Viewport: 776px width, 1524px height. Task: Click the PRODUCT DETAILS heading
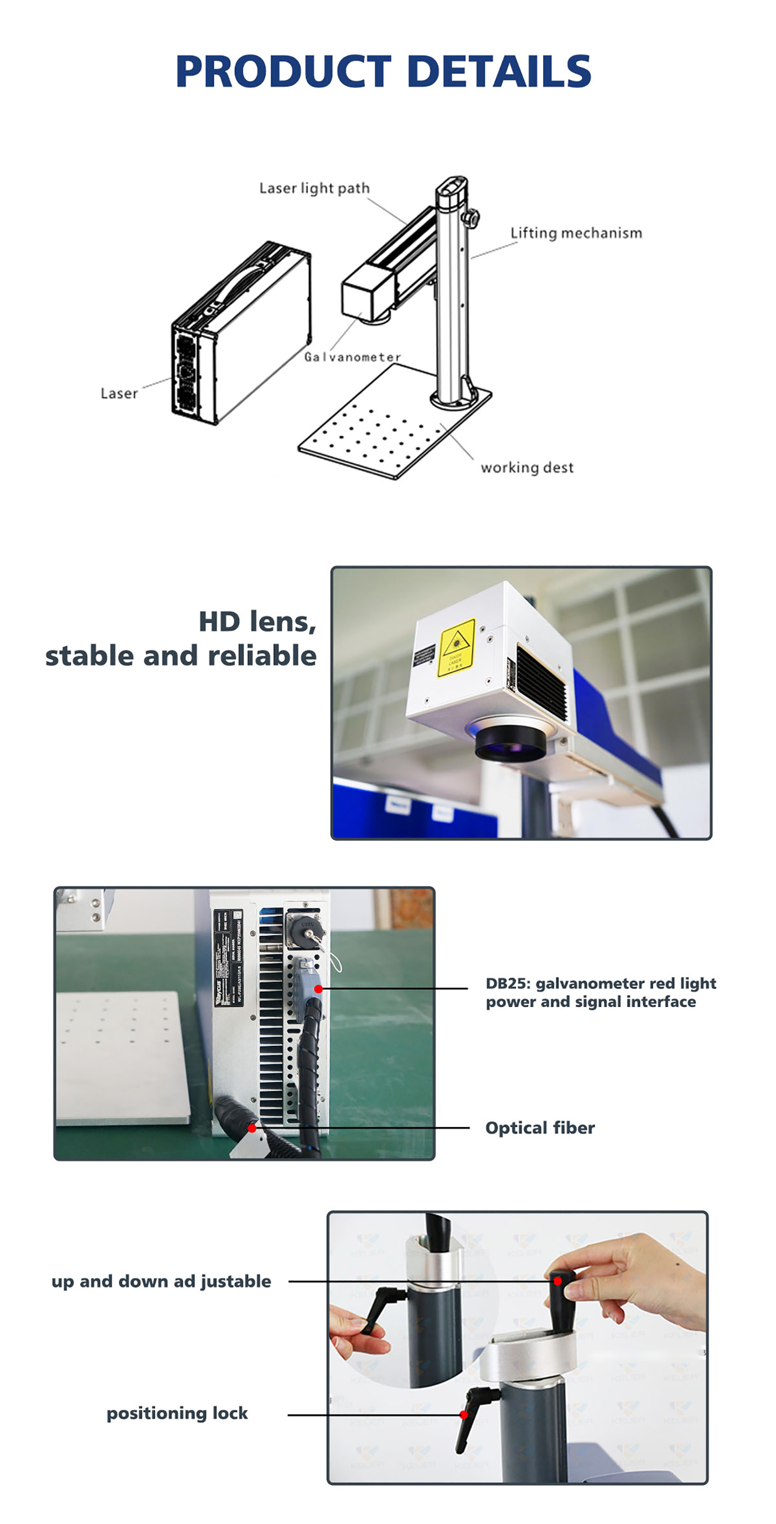(383, 72)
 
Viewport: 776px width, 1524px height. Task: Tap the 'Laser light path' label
(314, 188)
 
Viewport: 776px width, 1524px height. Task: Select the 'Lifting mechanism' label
(576, 233)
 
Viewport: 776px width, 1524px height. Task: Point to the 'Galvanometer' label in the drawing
(352, 356)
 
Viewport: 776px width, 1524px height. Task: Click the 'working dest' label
(527, 468)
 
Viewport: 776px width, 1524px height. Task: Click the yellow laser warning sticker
(456, 648)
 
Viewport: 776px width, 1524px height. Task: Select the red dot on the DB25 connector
(318, 989)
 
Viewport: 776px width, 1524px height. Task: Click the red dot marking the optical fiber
(252, 1128)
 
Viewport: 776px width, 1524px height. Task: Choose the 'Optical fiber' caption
(540, 1128)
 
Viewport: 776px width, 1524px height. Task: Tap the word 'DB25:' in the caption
(508, 983)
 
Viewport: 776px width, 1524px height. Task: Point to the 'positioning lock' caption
(177, 1414)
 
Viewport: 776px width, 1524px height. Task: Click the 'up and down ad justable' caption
(161, 1282)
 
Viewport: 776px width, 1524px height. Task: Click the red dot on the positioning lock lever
(464, 1415)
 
